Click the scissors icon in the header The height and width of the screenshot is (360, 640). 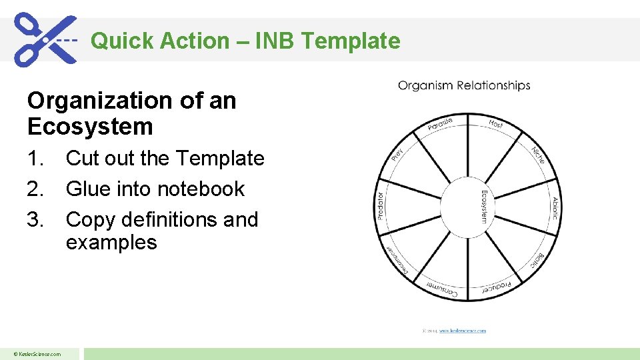coord(45,39)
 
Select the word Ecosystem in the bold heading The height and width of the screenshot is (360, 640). coord(90,126)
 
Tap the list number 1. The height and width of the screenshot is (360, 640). coord(37,159)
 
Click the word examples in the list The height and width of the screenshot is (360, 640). coord(111,242)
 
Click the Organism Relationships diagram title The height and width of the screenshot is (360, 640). coord(464,85)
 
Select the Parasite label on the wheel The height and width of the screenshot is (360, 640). coord(440,124)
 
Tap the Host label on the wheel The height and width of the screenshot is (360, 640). coord(496,123)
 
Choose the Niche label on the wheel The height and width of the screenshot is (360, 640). coord(539,154)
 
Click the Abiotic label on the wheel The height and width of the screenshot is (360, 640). coord(554,208)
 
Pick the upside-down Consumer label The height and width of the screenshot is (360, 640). coord(441,288)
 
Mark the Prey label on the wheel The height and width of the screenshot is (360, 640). coord(397,154)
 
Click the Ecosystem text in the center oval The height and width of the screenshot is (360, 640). coord(484,206)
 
